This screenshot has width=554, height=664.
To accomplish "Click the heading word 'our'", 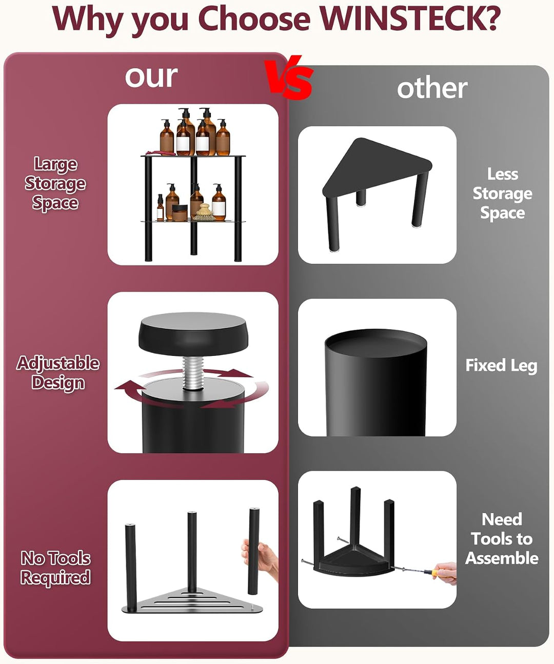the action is pyautogui.click(x=151, y=77).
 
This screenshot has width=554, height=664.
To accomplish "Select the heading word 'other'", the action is pyautogui.click(x=432, y=88).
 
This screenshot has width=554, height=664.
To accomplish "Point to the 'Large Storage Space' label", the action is pyautogui.click(x=55, y=183).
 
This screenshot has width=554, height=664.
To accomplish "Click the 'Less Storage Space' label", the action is pyautogui.click(x=503, y=193).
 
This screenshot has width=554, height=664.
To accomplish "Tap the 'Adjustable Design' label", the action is pyautogui.click(x=58, y=372).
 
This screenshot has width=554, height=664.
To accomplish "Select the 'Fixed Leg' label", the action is pyautogui.click(x=501, y=366).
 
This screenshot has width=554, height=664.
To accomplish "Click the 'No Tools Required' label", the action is pyautogui.click(x=55, y=568).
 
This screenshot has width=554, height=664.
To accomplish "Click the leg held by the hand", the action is pyautogui.click(x=253, y=552).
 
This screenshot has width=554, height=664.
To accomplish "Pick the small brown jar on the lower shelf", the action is pyautogui.click(x=180, y=213).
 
